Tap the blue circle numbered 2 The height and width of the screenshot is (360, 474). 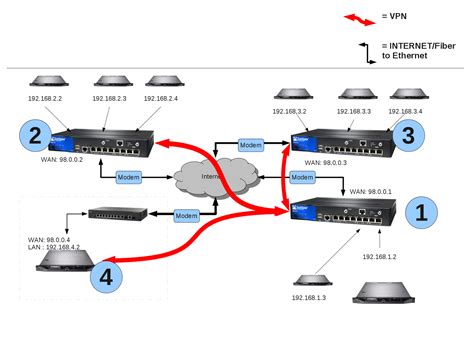pyautogui.click(x=36, y=134)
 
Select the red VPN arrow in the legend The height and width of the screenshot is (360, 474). pyautogui.click(x=355, y=18)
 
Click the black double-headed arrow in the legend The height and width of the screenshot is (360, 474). pyautogui.click(x=356, y=51)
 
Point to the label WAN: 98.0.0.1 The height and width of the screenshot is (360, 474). pyautogui.click(x=371, y=190)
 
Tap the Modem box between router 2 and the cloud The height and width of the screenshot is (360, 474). pyautogui.click(x=129, y=177)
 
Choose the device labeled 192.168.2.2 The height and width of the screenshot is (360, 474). pyautogui.click(x=43, y=81)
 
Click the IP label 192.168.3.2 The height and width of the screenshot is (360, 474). pyautogui.click(x=298, y=111)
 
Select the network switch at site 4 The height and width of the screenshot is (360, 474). pyautogui.click(x=116, y=213)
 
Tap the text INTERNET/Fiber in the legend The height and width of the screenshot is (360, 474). pyautogui.click(x=413, y=46)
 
